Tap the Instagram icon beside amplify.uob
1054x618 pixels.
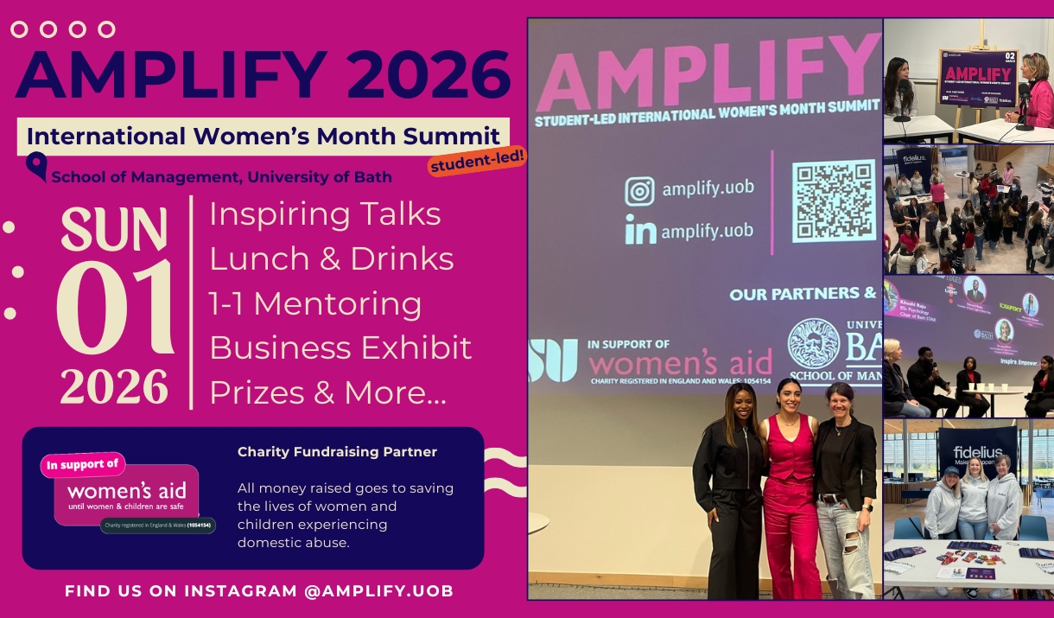[639, 190]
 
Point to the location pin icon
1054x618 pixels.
[37, 165]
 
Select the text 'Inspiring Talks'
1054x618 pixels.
[325, 213]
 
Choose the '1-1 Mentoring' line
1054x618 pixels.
[315, 303]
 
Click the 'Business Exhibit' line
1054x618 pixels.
[340, 347]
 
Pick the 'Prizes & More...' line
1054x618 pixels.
[328, 392]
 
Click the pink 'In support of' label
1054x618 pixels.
[83, 465]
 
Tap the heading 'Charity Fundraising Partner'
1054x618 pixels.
[337, 452]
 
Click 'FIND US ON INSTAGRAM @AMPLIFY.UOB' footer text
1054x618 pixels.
[259, 591]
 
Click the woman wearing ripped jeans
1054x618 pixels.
[843, 493]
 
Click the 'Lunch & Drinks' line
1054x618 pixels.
[331, 258]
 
